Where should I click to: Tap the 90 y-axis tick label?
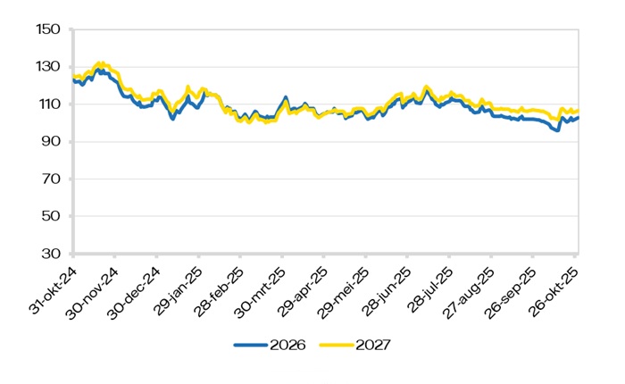click(x=48, y=142)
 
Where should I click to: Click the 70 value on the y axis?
click(x=48, y=179)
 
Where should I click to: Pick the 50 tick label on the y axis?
click(x=48, y=217)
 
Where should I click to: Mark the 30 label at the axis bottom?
click(x=48, y=255)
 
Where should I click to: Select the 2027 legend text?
click(x=374, y=344)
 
